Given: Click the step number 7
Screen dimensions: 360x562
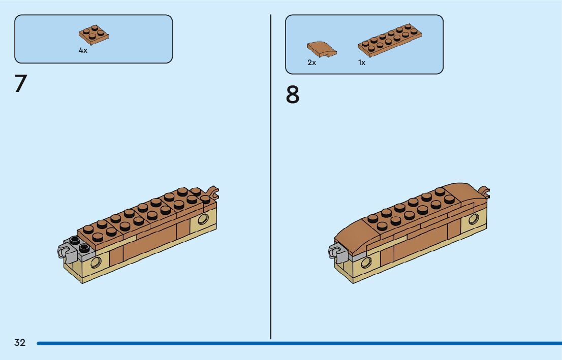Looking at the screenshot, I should coord(21,84).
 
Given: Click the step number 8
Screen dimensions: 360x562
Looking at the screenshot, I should coord(293,95).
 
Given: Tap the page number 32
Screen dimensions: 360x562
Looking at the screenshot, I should coord(20,343).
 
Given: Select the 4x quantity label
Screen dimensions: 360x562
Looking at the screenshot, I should coord(83,51).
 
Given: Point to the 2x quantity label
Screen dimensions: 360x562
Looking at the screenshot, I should coord(311,62).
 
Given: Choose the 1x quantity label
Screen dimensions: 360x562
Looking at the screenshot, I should coord(361,62).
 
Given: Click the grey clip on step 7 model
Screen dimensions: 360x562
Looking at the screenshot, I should coord(64,250).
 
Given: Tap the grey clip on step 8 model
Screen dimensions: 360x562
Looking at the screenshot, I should coord(335,250).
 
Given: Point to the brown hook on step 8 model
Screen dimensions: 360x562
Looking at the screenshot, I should coord(484,192).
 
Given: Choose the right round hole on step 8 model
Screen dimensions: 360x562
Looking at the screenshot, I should coord(474,219).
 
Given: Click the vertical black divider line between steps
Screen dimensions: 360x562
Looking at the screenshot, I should coord(271,178).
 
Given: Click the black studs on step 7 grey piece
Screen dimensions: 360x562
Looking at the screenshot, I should coord(79,244).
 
